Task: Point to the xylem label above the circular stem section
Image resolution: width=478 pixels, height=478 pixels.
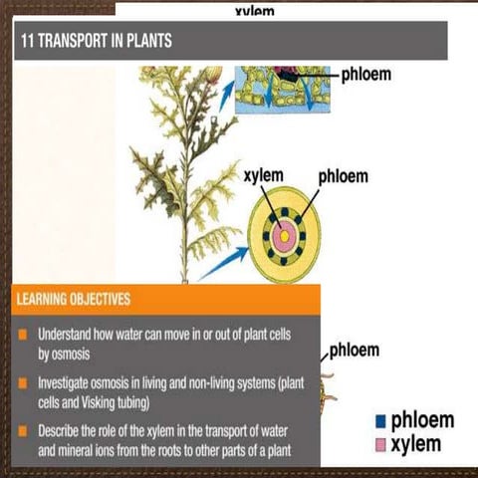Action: point(263,176)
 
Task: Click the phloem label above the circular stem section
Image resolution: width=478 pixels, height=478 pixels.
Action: point(343,176)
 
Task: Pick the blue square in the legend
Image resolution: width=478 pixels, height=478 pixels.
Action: point(379,421)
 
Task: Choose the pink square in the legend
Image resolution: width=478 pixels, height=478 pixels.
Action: point(379,443)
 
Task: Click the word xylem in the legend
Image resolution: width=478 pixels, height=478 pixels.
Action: point(417,443)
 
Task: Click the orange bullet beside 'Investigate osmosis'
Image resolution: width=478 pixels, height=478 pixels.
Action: point(22,382)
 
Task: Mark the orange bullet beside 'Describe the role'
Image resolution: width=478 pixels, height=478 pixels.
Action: point(22,431)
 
